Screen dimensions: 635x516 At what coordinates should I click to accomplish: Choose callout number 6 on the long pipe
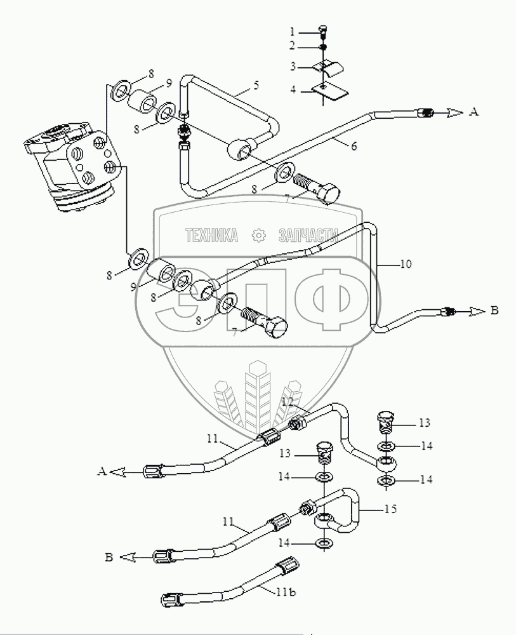(354, 146)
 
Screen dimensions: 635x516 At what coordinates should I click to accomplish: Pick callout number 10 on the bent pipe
(406, 262)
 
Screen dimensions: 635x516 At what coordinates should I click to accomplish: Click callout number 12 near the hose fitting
(287, 402)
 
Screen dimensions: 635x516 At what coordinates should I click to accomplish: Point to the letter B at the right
(494, 311)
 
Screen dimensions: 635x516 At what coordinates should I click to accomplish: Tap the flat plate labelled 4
(331, 91)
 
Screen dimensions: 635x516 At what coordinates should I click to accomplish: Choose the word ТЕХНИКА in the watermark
(211, 236)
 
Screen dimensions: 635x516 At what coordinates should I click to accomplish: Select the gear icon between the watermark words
(259, 236)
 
